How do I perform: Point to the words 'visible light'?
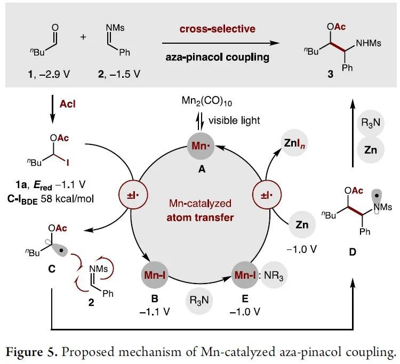[235, 120]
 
